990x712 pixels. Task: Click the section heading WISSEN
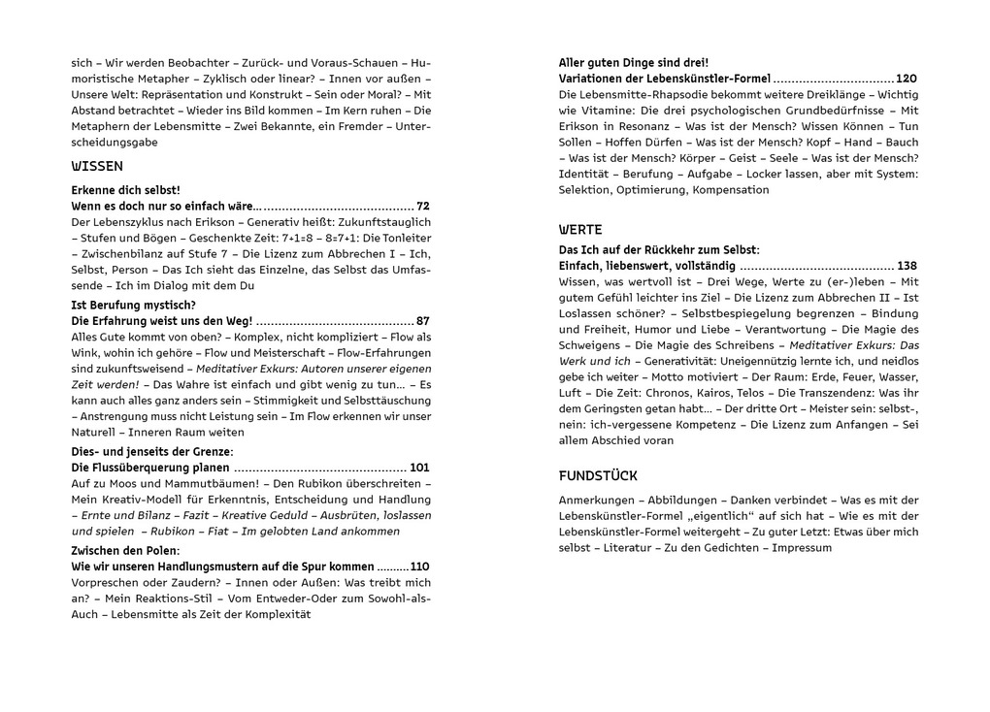[x=97, y=166]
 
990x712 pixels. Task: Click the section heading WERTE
[x=581, y=230]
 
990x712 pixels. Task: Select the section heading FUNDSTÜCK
[x=598, y=475]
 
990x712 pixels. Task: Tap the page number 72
[x=423, y=207]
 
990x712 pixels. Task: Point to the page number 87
[x=423, y=320]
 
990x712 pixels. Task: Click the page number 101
[x=419, y=468]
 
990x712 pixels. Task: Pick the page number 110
[x=419, y=566]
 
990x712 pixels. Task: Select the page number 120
[x=907, y=79]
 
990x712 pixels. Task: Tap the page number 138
[x=907, y=266]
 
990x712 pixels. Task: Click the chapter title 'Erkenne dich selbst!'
[x=126, y=190]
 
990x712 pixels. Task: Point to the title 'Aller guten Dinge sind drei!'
[x=634, y=62]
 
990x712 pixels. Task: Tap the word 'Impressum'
[x=798, y=547]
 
